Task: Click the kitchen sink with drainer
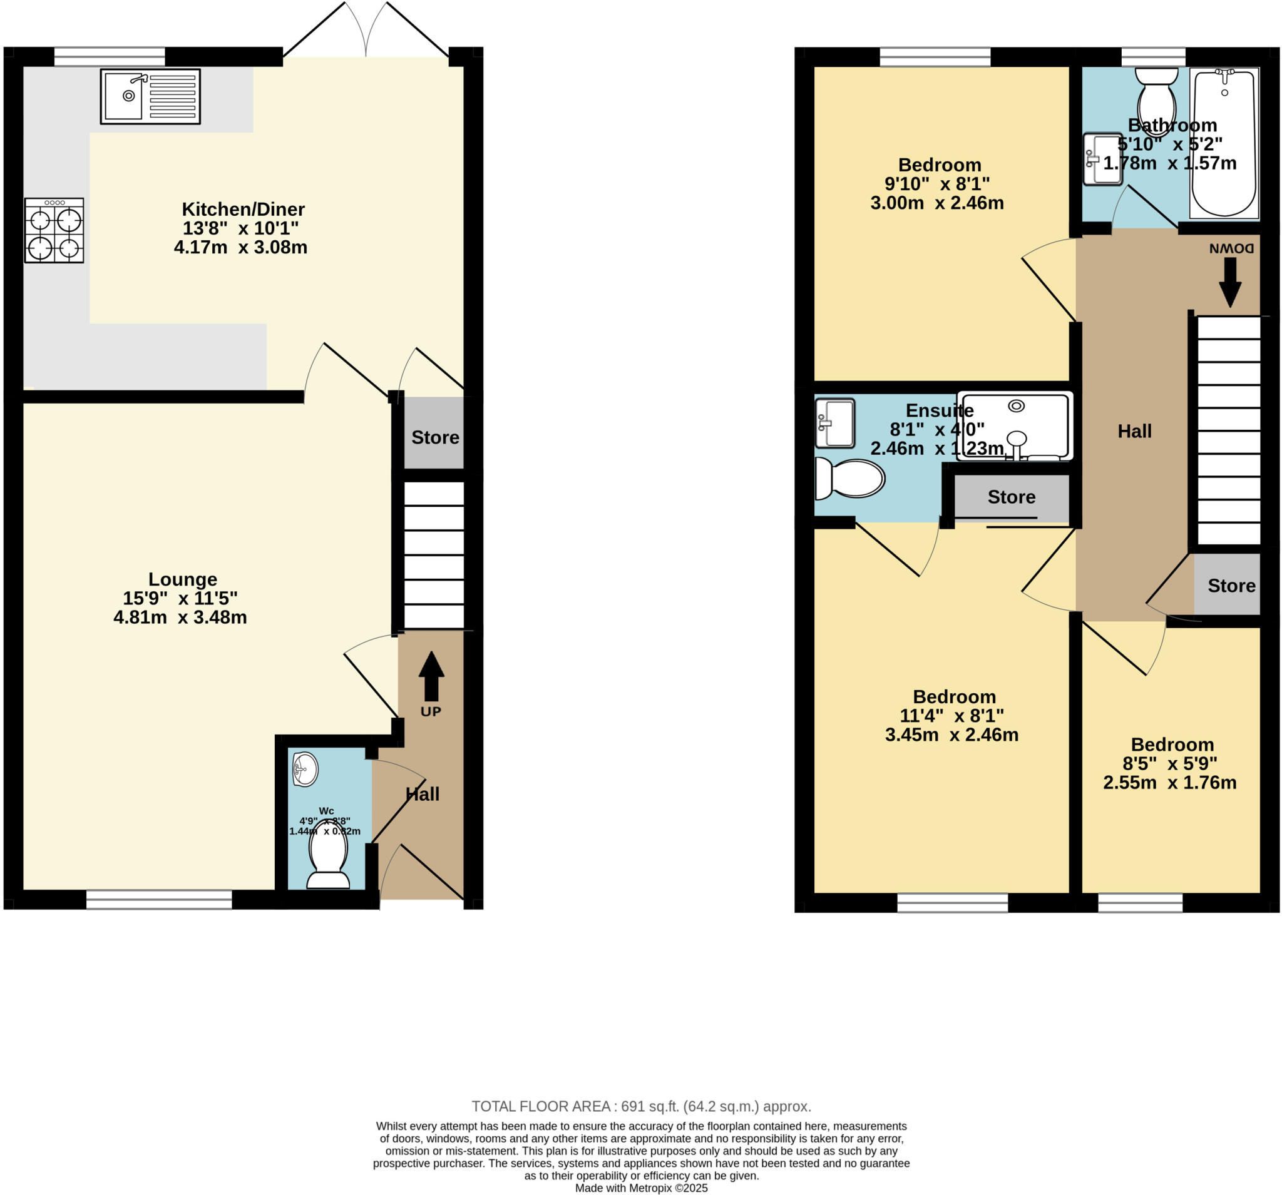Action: [x=150, y=97]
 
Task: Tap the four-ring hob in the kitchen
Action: [x=54, y=230]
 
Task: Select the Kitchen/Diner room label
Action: [x=242, y=210]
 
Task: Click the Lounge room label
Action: [x=183, y=579]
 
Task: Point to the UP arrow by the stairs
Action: [x=431, y=677]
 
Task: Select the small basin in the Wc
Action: [x=305, y=769]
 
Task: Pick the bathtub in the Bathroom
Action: [x=1224, y=145]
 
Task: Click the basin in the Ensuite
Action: [x=834, y=423]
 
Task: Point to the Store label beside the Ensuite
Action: [x=1011, y=497]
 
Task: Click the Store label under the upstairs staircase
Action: [x=1231, y=585]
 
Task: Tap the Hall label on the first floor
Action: [x=1134, y=431]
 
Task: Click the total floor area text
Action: [x=641, y=1107]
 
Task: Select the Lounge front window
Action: [x=158, y=900]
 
